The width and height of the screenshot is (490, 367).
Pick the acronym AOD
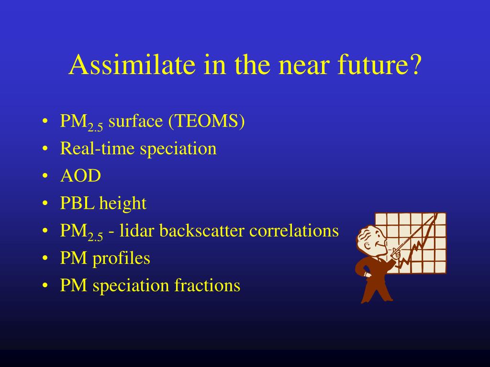[80, 176]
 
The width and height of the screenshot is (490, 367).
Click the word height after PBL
[123, 204]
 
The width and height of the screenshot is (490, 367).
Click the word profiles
[121, 259]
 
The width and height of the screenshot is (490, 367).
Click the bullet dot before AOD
[45, 176]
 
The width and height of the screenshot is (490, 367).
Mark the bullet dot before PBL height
[45, 204]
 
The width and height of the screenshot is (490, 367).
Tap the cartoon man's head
[370, 240]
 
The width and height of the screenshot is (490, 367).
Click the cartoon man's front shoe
[388, 300]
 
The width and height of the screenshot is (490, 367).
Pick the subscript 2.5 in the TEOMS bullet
[95, 128]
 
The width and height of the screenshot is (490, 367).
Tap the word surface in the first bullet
[135, 121]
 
